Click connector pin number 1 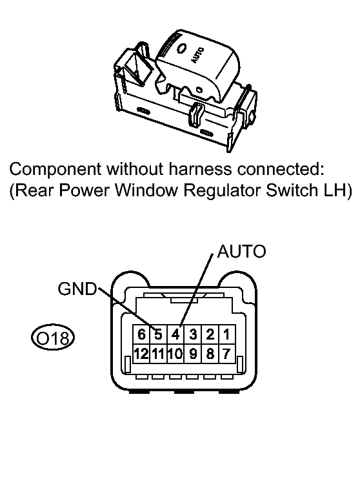point(226,334)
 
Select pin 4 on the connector point(175,334)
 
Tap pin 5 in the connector point(159,334)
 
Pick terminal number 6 point(142,334)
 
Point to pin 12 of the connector point(142,354)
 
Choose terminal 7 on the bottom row point(226,354)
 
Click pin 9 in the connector point(193,354)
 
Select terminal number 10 point(175,354)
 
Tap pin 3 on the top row point(193,334)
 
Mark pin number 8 point(210,354)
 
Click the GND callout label point(77,289)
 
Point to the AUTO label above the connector point(241,251)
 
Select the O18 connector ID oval point(53,338)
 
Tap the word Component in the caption point(55,170)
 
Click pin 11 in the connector point(159,354)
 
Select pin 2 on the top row point(210,334)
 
